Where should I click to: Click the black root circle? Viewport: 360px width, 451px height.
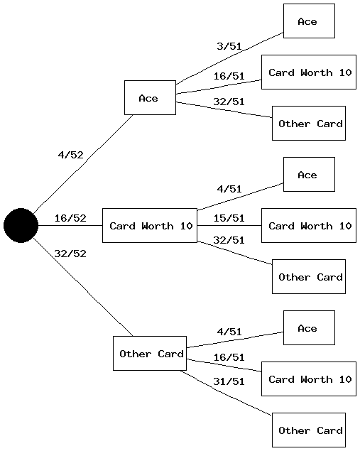pyautogui.click(x=21, y=225)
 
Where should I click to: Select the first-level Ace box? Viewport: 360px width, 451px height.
pyautogui.click(x=150, y=97)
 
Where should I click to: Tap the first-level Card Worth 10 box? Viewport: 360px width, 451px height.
pyautogui.click(x=150, y=225)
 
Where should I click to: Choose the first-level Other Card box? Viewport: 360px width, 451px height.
pyautogui.click(x=150, y=353)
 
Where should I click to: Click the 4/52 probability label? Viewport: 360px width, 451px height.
pyautogui.click(x=70, y=155)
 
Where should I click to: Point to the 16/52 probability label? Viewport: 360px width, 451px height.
pyautogui.click(x=70, y=218)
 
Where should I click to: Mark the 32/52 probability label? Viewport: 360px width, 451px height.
pyautogui.click(x=70, y=254)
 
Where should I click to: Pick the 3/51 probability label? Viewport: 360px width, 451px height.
pyautogui.click(x=229, y=47)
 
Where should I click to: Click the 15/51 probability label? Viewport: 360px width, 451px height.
pyautogui.click(x=229, y=218)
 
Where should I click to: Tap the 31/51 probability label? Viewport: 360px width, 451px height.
pyautogui.click(x=229, y=381)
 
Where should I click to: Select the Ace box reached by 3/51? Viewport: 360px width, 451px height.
pyautogui.click(x=309, y=21)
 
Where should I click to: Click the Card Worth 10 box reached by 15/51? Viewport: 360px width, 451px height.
pyautogui.click(x=309, y=225)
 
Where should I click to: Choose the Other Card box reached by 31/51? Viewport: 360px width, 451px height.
pyautogui.click(x=309, y=430)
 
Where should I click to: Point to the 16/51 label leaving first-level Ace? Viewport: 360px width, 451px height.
pyautogui.click(x=229, y=76)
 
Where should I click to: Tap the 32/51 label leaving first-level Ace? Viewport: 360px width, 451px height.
pyautogui.click(x=229, y=102)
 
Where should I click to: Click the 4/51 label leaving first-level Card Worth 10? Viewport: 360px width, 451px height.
pyautogui.click(x=229, y=189)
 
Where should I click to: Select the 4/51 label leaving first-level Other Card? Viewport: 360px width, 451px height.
pyautogui.click(x=229, y=332)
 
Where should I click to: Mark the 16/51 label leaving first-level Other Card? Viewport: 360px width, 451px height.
pyautogui.click(x=229, y=357)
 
